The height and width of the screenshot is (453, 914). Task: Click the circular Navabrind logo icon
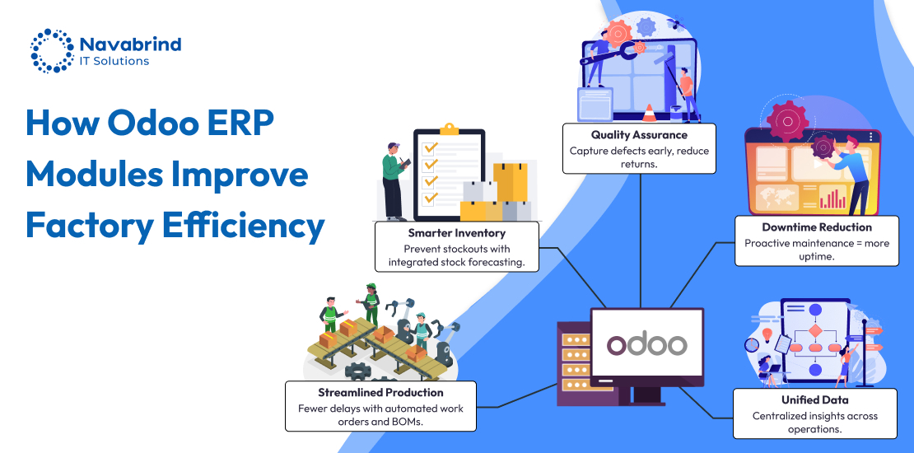click(52, 51)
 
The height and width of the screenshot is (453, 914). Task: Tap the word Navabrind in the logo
click(130, 44)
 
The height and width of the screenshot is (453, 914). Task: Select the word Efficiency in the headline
click(239, 224)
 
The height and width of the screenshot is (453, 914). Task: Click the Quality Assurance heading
click(638, 135)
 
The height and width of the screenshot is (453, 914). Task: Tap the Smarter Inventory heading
click(456, 233)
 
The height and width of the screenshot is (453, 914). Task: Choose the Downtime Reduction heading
click(816, 227)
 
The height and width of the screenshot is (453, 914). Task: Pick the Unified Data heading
click(815, 400)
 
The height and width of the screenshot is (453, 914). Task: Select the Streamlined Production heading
click(380, 392)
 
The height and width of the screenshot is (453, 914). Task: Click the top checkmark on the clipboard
click(428, 147)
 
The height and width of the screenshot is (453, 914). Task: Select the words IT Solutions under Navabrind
click(114, 61)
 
